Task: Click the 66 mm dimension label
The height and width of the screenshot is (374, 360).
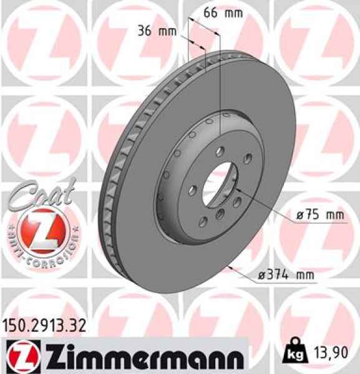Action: point(223,13)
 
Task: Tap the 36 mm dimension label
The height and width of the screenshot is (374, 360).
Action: point(157,31)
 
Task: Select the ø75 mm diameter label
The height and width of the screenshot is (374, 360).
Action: point(320,215)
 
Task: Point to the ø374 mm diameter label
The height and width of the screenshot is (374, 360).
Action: point(286,275)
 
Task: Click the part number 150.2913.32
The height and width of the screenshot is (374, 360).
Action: point(44,326)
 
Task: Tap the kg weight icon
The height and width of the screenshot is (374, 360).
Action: point(295,353)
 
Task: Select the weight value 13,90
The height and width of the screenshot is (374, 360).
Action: point(331,353)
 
